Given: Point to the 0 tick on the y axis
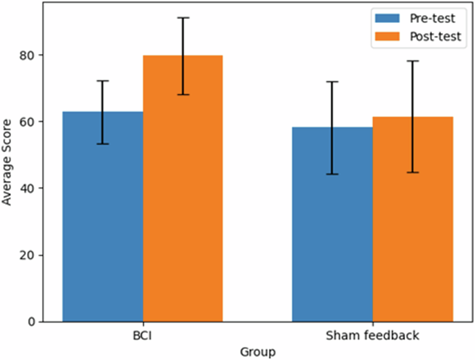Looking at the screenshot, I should (32, 322).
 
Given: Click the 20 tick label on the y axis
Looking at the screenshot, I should (29, 255).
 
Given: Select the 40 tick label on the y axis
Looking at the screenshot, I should (29, 188).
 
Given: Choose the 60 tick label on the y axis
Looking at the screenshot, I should (29, 121).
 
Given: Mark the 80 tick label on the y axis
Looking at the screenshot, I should (29, 55).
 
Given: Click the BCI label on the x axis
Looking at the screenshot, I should (143, 336).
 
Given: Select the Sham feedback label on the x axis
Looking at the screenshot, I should (372, 336).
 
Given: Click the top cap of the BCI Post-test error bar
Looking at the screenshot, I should (182, 18).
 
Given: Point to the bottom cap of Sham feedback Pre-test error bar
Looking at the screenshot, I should (331, 174).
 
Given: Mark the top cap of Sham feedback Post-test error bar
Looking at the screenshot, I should (412, 61).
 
